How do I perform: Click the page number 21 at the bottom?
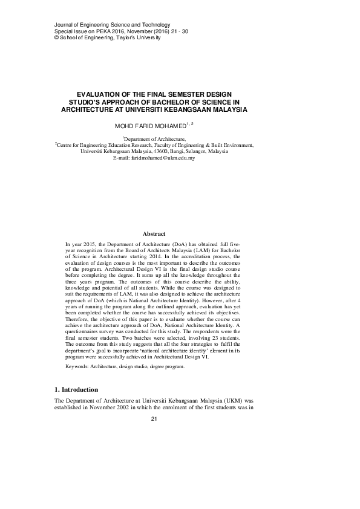click(x=154, y=420)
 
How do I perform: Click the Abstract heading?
click(x=154, y=233)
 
